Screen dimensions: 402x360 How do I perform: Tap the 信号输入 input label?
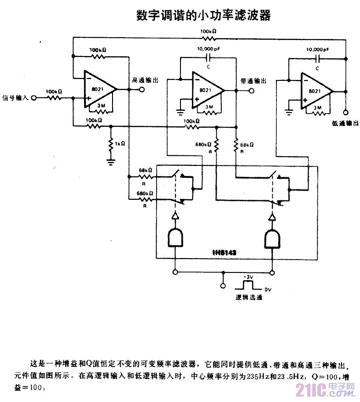[x=15, y=98]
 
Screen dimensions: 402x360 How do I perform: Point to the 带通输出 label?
[x=253, y=81]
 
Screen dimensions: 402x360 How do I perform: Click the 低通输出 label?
[x=344, y=123]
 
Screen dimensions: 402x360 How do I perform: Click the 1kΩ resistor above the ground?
[x=110, y=144]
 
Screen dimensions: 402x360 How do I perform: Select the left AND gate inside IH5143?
[x=175, y=238]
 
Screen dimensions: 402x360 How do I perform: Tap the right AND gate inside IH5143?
[x=273, y=238]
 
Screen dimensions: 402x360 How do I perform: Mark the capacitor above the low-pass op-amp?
[x=318, y=58]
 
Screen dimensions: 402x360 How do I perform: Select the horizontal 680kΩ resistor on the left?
[x=145, y=198]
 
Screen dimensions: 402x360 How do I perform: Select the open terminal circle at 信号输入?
[x=33, y=98]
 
